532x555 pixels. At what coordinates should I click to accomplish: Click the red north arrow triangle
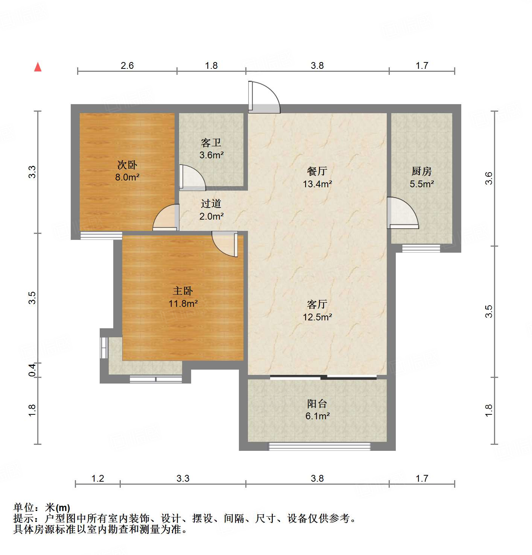coord(38,67)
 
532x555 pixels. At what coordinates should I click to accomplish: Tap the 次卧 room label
coord(127,165)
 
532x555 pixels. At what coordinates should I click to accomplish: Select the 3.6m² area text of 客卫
coord(211,155)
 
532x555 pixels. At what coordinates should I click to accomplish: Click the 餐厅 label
coord(317,171)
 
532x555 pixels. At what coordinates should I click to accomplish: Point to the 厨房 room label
coord(421,171)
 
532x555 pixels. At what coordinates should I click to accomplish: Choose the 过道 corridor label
coord(211,203)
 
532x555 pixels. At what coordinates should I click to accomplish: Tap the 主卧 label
coord(183,291)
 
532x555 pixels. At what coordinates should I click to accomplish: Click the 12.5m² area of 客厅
coord(317,317)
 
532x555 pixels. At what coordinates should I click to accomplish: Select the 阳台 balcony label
coord(317,403)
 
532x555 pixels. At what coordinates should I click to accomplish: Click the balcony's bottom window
coord(319,446)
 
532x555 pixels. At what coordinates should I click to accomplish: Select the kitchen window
coord(421,248)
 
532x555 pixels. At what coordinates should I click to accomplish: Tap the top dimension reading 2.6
coord(127,65)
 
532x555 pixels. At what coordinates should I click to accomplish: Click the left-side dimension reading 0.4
coord(32,370)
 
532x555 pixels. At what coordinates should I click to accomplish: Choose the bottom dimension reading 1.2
coord(98,478)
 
